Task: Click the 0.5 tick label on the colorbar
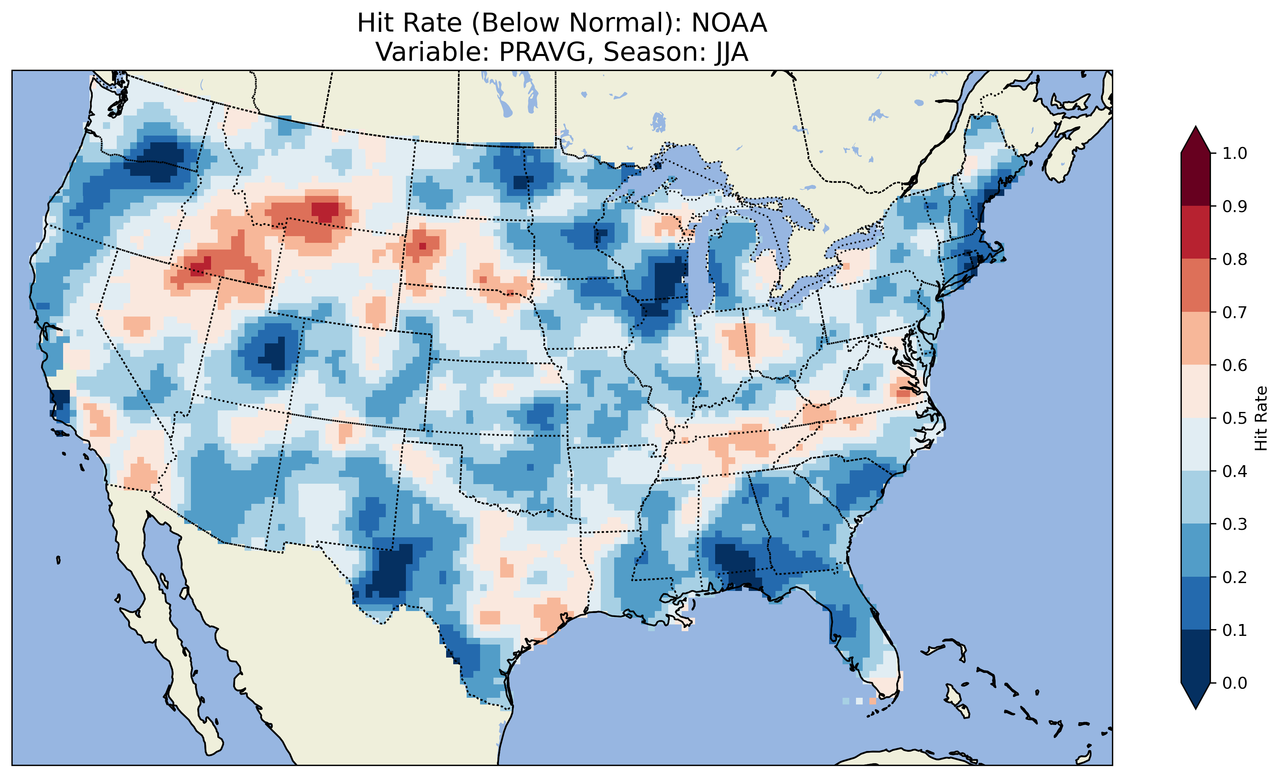point(1235,418)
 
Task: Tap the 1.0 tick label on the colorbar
point(1235,153)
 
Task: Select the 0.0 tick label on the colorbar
point(1235,683)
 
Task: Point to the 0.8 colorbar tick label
point(1235,259)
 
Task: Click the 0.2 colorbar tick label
point(1235,577)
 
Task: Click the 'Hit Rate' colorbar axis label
point(1261,418)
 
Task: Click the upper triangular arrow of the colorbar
point(1196,140)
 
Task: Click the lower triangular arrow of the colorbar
point(1196,696)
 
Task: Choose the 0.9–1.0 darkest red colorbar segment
point(1196,179)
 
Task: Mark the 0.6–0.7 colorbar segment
point(1196,338)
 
